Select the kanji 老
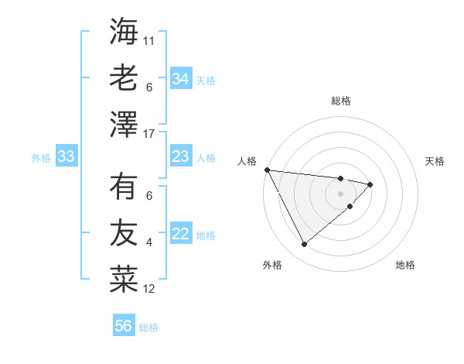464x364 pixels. [x=124, y=77]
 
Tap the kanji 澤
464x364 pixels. [x=124, y=124]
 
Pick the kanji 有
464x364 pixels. [x=124, y=187]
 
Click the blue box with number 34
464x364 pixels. [x=181, y=79]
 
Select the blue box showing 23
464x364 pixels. [x=181, y=157]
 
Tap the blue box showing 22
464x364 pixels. [x=181, y=235]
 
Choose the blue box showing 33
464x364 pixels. [x=67, y=157]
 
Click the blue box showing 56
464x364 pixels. [x=124, y=326]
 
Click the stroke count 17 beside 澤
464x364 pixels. [x=150, y=134]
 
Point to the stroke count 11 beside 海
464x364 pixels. [x=149, y=39]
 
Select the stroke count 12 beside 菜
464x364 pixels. [x=149, y=289]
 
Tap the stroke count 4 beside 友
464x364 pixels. [x=149, y=242]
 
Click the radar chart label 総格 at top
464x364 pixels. [x=341, y=101]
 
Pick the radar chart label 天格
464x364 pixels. [x=435, y=161]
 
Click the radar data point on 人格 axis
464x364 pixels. [x=267, y=170]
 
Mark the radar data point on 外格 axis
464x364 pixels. [x=304, y=245]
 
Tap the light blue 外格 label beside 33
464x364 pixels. [x=41, y=158]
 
